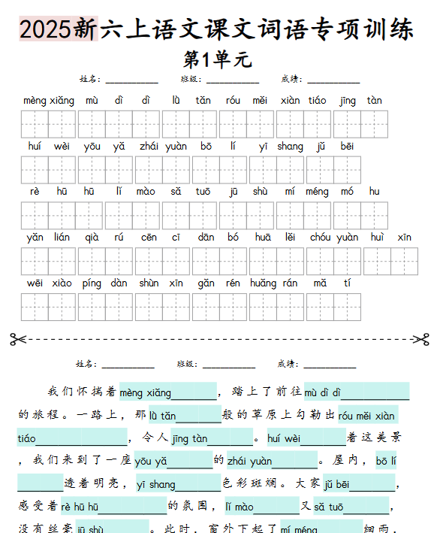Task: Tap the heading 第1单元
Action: click(218, 59)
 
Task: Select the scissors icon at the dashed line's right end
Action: click(420, 339)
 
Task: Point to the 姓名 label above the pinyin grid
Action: click(90, 79)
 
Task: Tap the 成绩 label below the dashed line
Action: click(288, 364)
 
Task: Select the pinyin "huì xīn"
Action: click(390, 238)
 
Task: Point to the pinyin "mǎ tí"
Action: click(333, 283)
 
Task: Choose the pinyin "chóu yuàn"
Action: click(333, 238)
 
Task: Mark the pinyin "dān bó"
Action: click(218, 238)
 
